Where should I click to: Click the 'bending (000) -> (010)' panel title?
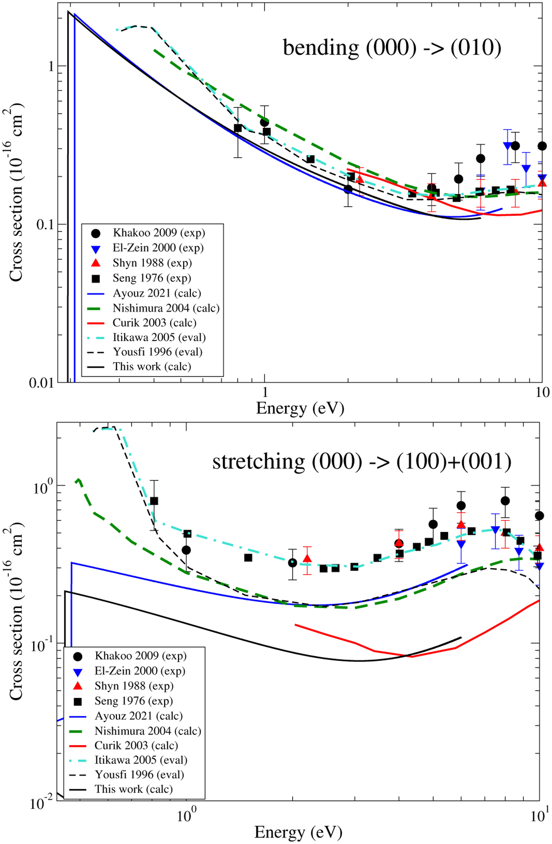[392, 48]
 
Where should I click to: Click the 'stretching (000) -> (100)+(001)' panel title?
[362, 462]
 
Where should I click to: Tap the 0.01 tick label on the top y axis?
[41, 383]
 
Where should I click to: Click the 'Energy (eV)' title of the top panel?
[300, 408]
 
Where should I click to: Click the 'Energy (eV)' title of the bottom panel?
[298, 832]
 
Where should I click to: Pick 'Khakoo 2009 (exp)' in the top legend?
[159, 233]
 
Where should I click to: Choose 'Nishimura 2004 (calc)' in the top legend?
[166, 308]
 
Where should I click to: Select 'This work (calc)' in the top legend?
[152, 367]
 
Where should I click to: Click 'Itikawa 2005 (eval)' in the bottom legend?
[141, 760]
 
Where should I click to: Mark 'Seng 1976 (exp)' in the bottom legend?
[133, 701]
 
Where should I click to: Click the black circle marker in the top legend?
[96, 233]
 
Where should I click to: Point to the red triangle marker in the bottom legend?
[78, 686]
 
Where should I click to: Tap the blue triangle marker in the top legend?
[96, 249]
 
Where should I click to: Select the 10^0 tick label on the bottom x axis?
[187, 815]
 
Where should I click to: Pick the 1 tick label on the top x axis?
[264, 393]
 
